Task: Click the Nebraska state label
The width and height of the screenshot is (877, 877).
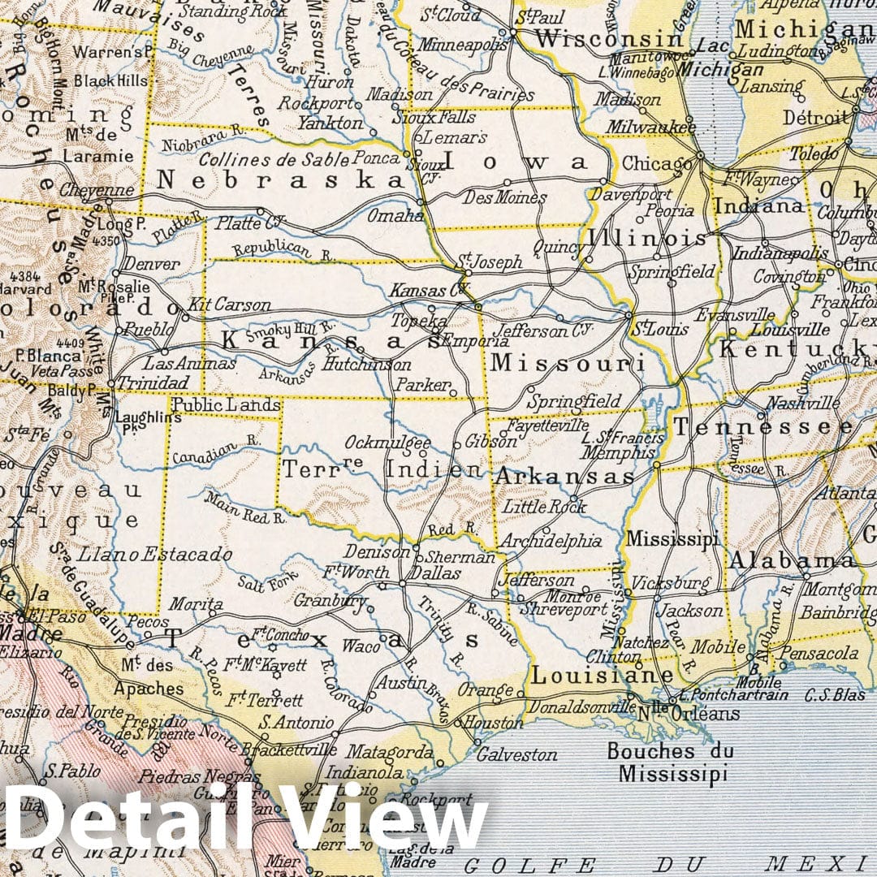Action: coord(280,179)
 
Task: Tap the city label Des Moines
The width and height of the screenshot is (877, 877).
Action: coord(504,197)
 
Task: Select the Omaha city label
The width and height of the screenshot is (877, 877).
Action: coord(395,216)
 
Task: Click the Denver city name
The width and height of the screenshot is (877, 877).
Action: coord(152,265)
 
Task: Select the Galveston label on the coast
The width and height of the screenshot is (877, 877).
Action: coord(516,755)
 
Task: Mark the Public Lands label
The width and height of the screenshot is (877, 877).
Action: coord(227,405)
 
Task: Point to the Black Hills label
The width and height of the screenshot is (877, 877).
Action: coord(111,80)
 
